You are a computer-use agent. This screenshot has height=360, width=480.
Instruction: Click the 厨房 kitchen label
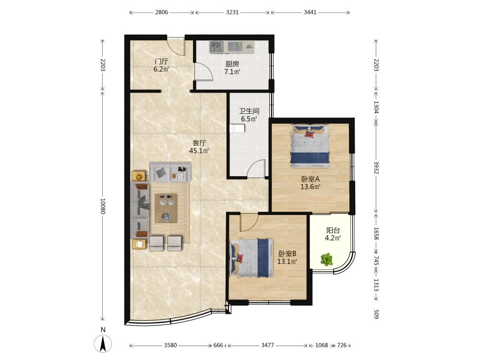pos(232,64)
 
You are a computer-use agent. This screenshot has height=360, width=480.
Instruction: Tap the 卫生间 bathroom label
pos(249,111)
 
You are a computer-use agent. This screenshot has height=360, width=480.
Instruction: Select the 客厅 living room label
pos(199,143)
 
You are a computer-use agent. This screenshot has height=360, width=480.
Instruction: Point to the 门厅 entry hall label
pos(161,61)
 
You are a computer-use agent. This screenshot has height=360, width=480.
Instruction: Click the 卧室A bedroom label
pos(310,179)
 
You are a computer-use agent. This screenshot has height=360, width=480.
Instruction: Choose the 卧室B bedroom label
pos(287,253)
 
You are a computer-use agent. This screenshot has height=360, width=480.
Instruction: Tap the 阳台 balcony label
pos(333,230)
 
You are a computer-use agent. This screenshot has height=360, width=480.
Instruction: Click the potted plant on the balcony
pos(326,260)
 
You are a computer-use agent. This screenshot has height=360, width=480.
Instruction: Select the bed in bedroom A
pos(310,146)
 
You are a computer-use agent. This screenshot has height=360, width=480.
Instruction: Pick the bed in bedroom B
pos(251,258)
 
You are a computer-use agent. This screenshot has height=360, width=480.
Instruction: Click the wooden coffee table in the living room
pos(166,208)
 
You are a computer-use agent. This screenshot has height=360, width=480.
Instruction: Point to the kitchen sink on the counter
pos(217,47)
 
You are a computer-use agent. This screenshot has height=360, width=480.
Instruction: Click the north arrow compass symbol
pos(103,343)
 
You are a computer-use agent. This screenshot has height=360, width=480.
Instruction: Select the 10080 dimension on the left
pos(103,206)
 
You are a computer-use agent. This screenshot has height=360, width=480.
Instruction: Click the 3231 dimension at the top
pos(232,12)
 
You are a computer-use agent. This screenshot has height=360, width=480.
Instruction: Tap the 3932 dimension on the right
pos(376,168)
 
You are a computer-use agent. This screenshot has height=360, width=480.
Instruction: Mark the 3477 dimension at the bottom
pos(267,345)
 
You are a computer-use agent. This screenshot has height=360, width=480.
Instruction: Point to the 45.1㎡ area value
pos(199,151)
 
